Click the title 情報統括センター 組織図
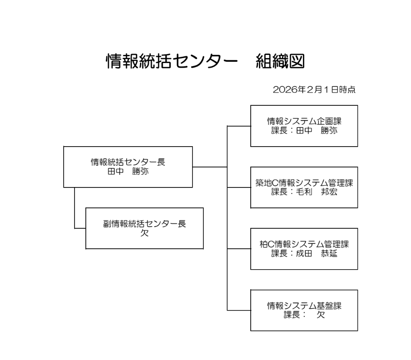point(205,62)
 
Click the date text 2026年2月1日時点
point(314,90)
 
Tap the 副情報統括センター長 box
point(144,228)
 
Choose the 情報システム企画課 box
point(304,126)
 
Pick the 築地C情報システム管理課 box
point(304,187)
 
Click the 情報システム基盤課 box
point(304,311)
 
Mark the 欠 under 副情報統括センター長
point(144,233)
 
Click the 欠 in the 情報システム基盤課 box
point(321,315)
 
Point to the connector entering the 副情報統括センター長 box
point(80,228)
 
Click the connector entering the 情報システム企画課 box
point(239,126)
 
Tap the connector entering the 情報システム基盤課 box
point(239,311)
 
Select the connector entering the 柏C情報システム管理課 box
point(239,249)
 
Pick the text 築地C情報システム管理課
point(304,183)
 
